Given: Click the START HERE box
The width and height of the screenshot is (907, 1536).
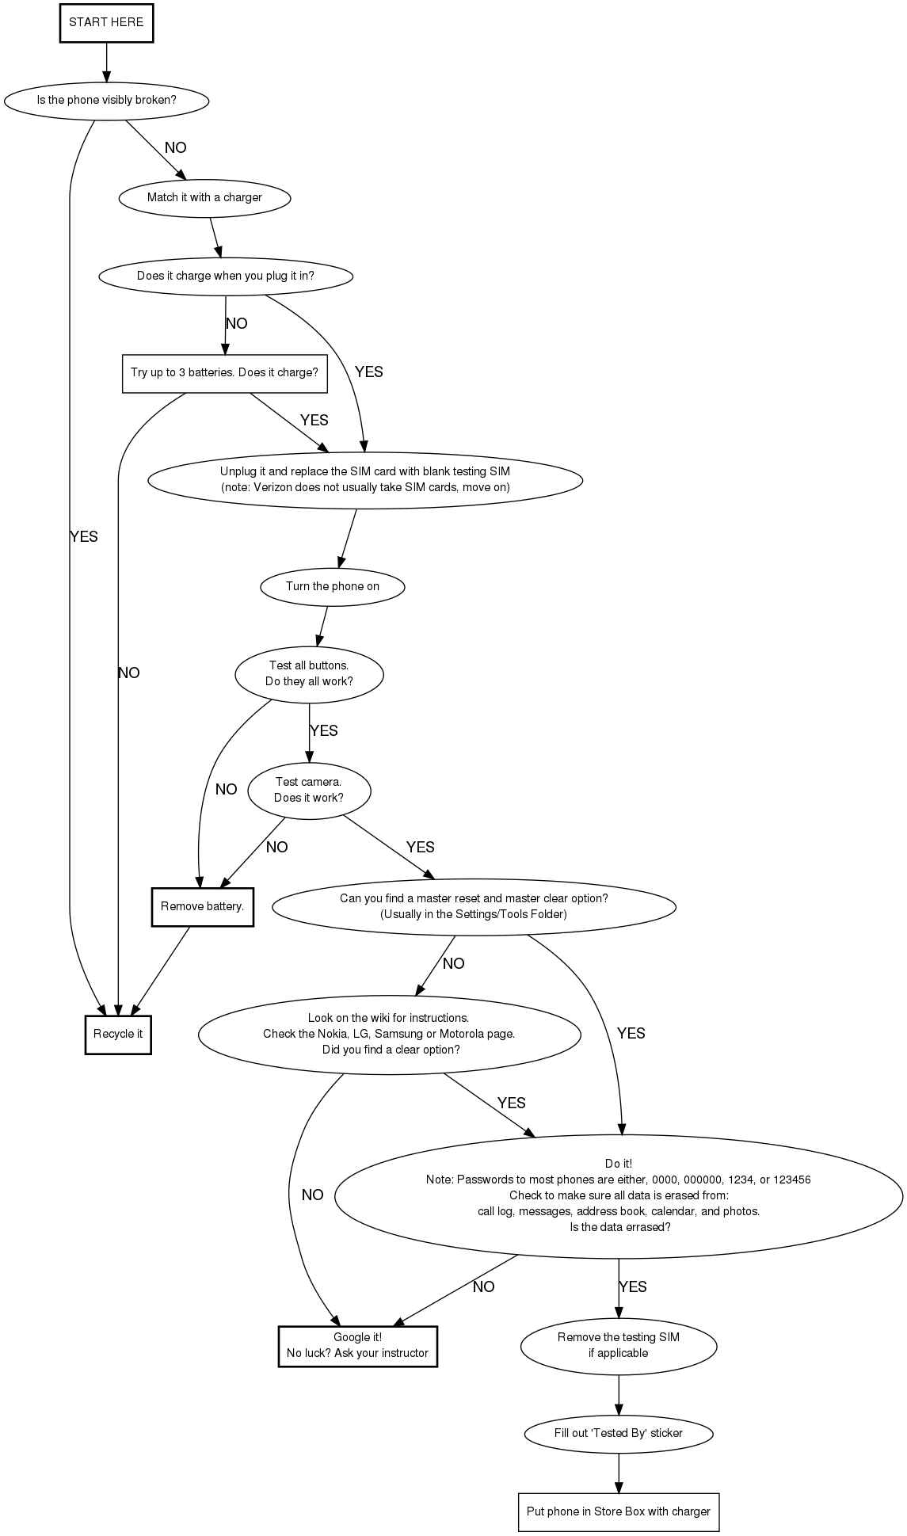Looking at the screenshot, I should pos(106,23).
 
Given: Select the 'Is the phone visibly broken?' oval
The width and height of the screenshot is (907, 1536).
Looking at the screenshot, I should pos(106,101).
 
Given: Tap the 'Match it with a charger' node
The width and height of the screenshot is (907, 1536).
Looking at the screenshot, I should pos(204,198).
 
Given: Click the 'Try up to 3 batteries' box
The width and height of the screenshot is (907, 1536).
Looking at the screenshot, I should pos(224,373).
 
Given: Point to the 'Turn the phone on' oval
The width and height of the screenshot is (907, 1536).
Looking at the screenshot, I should pos(332,587).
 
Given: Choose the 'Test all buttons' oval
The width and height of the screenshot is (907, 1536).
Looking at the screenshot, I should pos(309,674).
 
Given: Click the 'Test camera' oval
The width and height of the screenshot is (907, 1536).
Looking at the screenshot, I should pos(309,791).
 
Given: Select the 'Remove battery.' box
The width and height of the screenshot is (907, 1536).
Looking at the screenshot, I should pos(202,907).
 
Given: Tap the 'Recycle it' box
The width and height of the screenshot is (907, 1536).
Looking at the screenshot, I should pos(118,1035).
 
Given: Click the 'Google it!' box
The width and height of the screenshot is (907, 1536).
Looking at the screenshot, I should pos(357,1346).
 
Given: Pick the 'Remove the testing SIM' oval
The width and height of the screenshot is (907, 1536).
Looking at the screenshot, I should pos(618,1346).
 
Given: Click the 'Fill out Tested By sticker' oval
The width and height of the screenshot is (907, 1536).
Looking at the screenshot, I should pos(618,1433).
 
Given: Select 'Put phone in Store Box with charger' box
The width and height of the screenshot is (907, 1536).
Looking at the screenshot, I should pos(618,1511).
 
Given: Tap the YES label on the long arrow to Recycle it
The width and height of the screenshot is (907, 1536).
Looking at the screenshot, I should pos(84,537).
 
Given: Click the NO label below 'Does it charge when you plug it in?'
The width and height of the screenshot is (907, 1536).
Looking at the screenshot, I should pos(237,324).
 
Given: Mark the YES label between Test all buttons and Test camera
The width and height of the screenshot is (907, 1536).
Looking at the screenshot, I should pos(324,731).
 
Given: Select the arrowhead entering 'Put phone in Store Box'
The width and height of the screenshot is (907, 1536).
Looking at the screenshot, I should pos(618,1487).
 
